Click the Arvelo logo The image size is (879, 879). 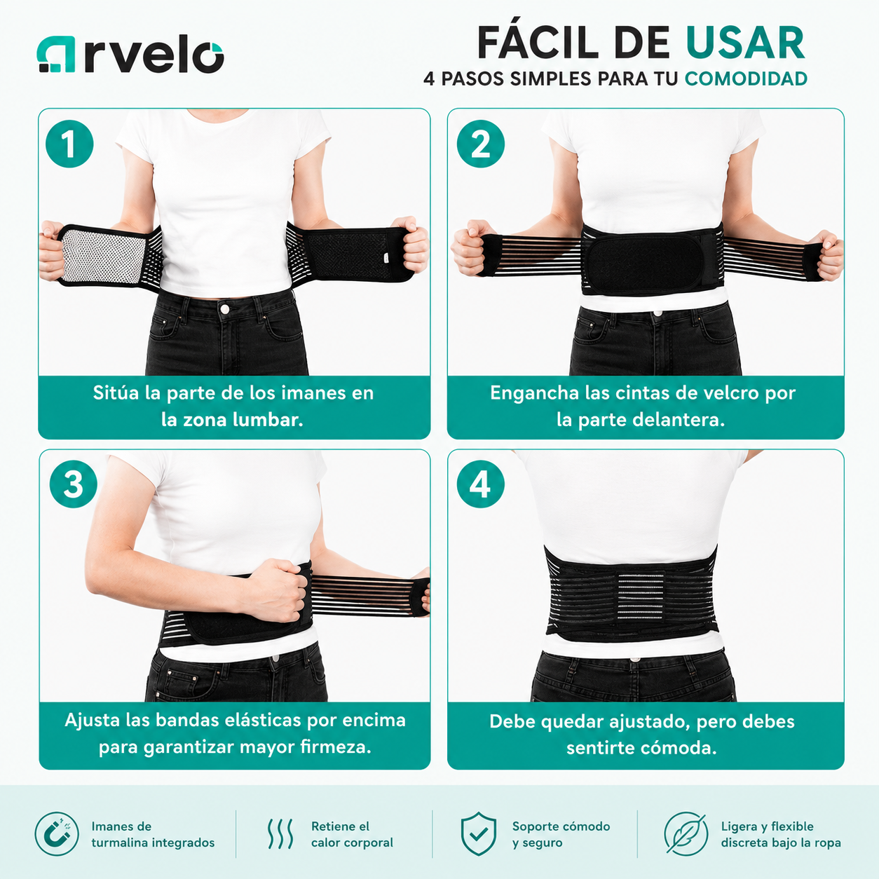[130, 54]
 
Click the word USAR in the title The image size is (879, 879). [745, 43]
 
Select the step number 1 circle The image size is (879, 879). [69, 144]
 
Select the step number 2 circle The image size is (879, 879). [480, 144]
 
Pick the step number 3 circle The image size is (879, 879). [73, 484]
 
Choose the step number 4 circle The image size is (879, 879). [480, 484]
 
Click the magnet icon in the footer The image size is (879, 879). [57, 833]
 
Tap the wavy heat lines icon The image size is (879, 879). [280, 833]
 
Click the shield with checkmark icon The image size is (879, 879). [478, 833]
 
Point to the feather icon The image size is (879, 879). [686, 833]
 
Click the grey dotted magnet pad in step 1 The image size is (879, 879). [102, 256]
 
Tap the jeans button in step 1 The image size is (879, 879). [224, 309]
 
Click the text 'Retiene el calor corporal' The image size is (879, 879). [352, 834]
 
